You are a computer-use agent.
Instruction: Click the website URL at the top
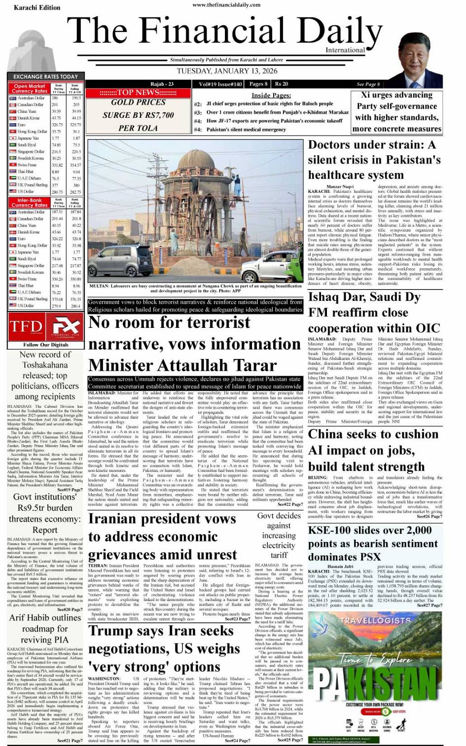[226, 4]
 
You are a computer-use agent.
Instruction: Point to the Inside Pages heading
[271, 95]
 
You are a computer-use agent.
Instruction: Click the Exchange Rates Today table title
[45, 76]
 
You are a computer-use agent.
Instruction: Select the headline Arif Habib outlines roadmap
[45, 629]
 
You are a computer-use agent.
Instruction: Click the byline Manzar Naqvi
[340, 187]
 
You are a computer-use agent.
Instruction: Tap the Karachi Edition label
[37, 7]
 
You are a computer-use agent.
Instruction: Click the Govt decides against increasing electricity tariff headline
[279, 535]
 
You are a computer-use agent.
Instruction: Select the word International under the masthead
[345, 50]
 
